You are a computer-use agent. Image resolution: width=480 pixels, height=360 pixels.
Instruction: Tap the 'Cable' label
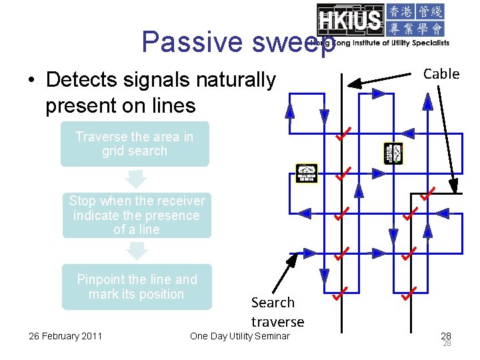pyautogui.click(x=441, y=74)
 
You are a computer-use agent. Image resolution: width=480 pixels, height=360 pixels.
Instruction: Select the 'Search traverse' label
pyautogui.click(x=277, y=312)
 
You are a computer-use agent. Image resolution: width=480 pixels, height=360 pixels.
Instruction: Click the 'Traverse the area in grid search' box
pyautogui.click(x=134, y=144)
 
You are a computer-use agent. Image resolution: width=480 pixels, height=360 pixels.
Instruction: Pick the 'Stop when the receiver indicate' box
pyautogui.click(x=137, y=215)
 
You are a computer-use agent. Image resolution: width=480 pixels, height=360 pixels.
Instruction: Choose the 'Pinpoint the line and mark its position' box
pyautogui.click(x=137, y=287)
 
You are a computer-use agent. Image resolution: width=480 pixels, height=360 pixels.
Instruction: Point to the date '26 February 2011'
pyautogui.click(x=65, y=335)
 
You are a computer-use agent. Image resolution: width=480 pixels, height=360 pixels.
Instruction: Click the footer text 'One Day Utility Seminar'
pyautogui.click(x=240, y=335)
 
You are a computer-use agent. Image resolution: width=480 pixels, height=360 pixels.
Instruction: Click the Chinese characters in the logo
pyautogui.click(x=415, y=21)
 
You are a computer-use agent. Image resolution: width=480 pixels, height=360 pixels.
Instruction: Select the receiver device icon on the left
pyautogui.click(x=307, y=173)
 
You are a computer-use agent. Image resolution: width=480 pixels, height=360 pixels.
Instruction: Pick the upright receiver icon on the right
pyautogui.click(x=393, y=153)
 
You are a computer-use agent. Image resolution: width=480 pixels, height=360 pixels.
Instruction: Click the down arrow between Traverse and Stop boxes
pyautogui.click(x=135, y=179)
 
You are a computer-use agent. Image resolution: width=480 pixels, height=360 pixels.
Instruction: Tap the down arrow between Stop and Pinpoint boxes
pyautogui.click(x=137, y=251)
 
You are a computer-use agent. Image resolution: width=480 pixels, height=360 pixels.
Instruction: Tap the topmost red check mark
pyautogui.click(x=343, y=136)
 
